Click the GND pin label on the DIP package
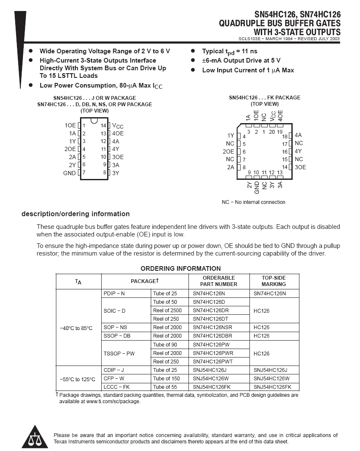69,173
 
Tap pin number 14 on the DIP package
103,126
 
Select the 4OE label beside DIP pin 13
118,133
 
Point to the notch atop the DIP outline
94,121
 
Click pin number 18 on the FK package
285,137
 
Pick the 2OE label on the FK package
228,151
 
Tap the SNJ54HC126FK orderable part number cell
211,387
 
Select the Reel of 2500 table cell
167,311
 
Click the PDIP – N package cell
114,294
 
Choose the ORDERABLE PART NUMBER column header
219,281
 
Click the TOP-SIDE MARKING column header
274,281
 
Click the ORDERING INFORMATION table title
180,269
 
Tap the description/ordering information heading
75,214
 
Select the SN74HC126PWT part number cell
213,362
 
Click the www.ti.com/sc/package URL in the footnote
113,401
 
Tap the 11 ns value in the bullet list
248,51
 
